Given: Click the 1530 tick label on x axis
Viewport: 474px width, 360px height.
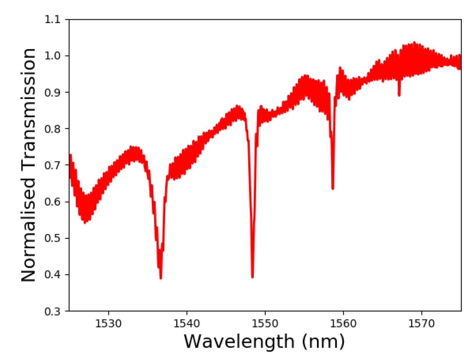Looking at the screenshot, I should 108,323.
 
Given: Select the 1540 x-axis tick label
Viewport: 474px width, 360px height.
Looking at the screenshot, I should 187,323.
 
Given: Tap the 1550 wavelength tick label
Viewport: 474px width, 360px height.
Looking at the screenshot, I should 265,323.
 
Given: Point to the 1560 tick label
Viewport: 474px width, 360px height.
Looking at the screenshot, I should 343,323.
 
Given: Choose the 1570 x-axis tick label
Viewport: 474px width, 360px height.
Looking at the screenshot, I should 422,323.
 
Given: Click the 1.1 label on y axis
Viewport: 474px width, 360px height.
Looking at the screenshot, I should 52,19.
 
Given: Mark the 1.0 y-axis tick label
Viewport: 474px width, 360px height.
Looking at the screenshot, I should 52,56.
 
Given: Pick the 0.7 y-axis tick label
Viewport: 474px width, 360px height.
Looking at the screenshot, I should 52,165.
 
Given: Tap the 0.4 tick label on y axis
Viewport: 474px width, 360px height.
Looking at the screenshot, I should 52,275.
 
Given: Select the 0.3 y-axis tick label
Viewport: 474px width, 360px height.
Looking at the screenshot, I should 52,311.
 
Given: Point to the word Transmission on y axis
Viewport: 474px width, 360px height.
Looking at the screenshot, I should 28,108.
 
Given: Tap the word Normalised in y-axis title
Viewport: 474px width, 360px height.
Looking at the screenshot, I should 28,230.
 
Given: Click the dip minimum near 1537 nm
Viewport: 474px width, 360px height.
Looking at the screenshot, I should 161,278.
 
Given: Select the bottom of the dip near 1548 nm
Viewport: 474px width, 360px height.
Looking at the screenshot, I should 253,277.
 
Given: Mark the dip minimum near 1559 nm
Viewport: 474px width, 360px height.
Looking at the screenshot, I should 333,188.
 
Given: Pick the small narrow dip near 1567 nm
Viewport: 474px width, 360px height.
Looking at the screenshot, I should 399,95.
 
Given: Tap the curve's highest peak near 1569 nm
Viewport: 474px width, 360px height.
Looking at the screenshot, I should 414,42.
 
